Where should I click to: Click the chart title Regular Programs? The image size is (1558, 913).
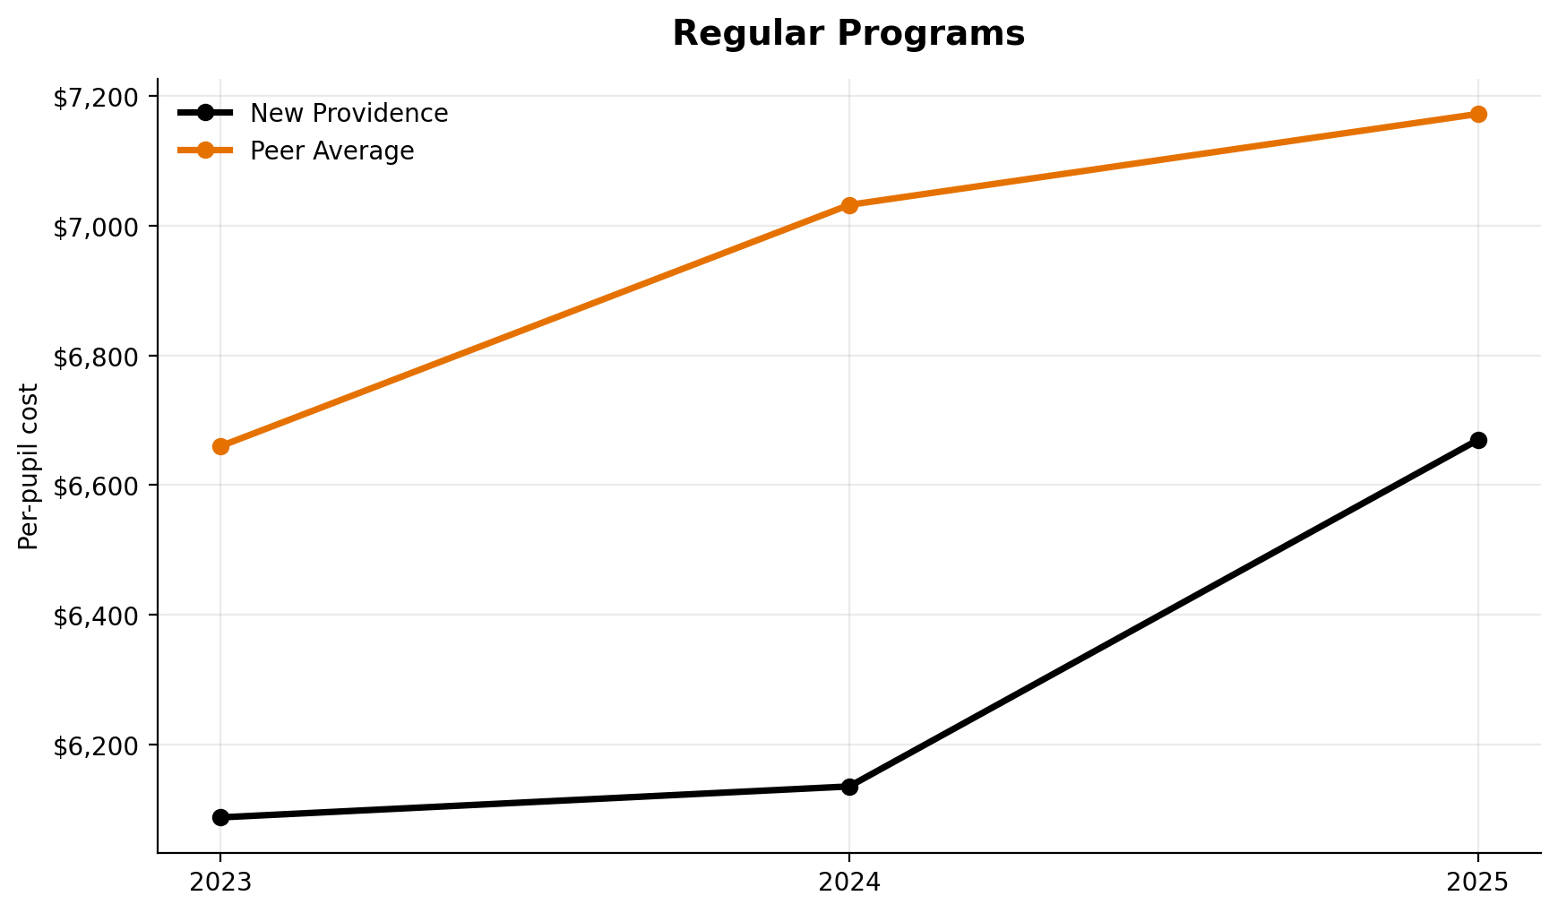(848, 34)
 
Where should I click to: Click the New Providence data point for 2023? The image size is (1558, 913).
(220, 817)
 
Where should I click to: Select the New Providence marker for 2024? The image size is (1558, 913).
(849, 787)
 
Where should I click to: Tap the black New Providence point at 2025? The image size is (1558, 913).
(1478, 440)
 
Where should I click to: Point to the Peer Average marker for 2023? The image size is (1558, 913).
(220, 446)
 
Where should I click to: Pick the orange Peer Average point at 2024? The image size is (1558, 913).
(849, 205)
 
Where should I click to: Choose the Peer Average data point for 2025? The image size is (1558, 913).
(1478, 114)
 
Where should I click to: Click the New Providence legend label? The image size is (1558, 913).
(349, 114)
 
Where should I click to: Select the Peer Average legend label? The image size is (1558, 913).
(331, 151)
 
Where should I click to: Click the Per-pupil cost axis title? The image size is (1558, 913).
(29, 466)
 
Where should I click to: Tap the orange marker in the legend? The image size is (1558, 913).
(205, 151)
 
